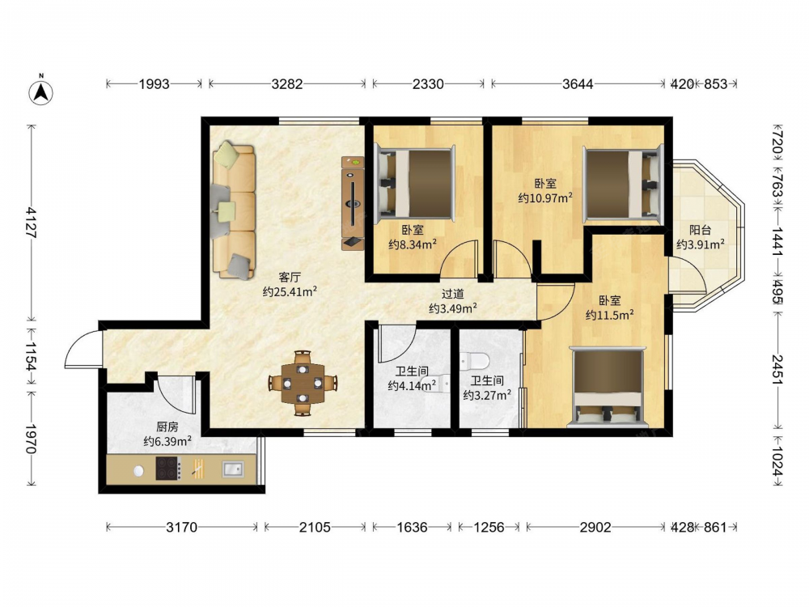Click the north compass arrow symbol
point(40,91)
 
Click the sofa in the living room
point(234,210)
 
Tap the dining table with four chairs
point(303,383)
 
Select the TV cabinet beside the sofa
point(353,203)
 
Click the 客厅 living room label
point(290,278)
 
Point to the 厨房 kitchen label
point(167,427)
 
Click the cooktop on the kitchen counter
point(168,469)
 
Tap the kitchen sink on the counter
point(233,469)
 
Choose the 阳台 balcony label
point(700,230)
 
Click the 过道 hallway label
point(452,295)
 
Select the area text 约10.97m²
point(545,197)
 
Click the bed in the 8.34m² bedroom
point(416,183)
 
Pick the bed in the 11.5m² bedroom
point(608,387)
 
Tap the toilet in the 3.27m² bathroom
point(474,360)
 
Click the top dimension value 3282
point(287,83)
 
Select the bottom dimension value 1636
point(412,527)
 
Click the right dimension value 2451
point(777,369)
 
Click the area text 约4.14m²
point(412,385)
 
